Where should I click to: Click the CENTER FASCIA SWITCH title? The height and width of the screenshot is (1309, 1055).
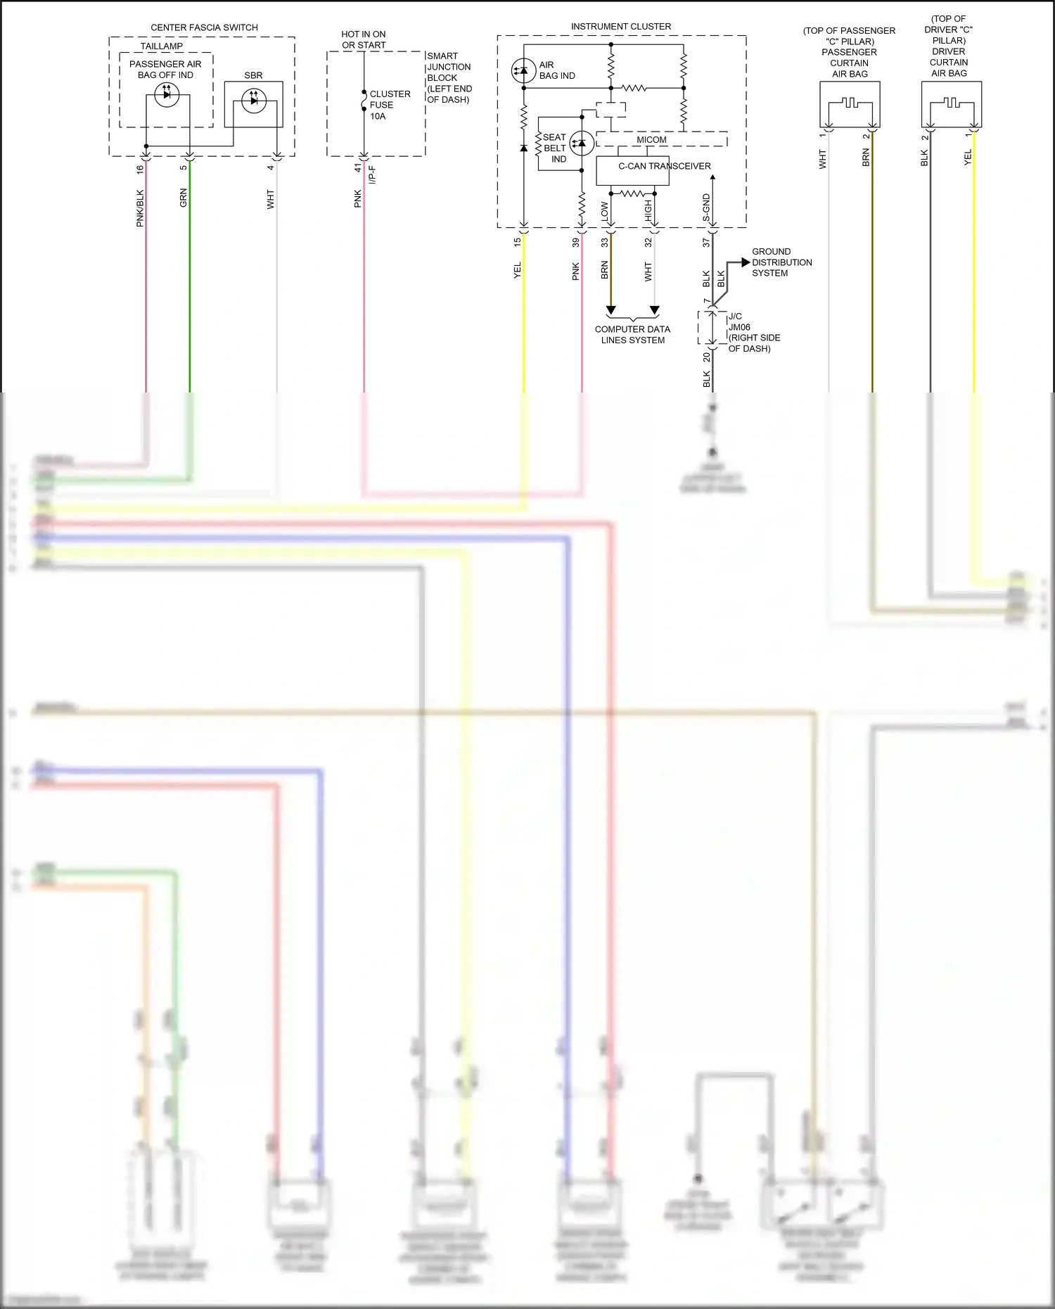click(204, 27)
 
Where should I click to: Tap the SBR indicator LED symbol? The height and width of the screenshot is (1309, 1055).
click(254, 101)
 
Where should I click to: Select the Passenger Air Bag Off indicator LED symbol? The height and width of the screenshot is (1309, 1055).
click(167, 94)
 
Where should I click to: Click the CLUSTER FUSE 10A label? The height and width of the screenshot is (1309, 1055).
click(389, 105)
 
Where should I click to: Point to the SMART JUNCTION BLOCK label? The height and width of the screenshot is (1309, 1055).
click(449, 77)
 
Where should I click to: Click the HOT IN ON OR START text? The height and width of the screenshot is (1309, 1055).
click(364, 39)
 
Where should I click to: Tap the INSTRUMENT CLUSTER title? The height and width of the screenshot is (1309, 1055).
click(620, 27)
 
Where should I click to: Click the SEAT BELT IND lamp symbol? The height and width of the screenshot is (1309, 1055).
click(582, 143)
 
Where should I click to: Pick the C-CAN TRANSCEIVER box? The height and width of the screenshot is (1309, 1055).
click(632, 170)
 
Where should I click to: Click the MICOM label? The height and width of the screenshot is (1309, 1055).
click(651, 140)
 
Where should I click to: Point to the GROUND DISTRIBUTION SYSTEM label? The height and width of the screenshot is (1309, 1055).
click(781, 262)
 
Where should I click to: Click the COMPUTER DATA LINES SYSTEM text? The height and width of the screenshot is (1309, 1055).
click(632, 335)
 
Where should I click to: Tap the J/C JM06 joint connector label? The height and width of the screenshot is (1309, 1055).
click(753, 332)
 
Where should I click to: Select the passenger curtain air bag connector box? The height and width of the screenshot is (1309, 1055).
click(850, 104)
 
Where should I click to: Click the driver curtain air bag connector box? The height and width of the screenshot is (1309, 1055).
click(952, 104)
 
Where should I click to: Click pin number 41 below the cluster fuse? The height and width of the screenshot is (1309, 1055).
click(358, 168)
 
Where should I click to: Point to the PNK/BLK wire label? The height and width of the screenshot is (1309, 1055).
click(140, 208)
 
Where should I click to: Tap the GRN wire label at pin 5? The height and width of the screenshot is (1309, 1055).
click(184, 198)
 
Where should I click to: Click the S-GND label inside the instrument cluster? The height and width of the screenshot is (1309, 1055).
click(706, 208)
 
